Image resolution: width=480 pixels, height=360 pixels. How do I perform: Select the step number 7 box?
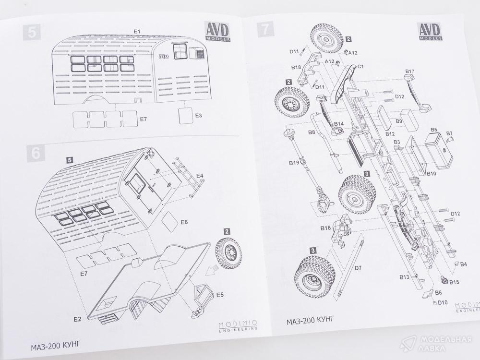tap(264, 29)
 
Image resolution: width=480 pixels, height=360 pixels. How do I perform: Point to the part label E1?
tap(137, 31)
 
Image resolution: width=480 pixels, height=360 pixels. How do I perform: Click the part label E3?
tap(198, 116)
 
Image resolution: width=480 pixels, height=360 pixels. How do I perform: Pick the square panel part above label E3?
tap(185, 115)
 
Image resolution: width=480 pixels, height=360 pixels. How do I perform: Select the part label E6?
tap(184, 222)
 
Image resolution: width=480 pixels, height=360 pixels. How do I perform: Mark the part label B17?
tap(409, 72)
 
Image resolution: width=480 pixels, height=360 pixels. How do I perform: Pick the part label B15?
tap(454, 282)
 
